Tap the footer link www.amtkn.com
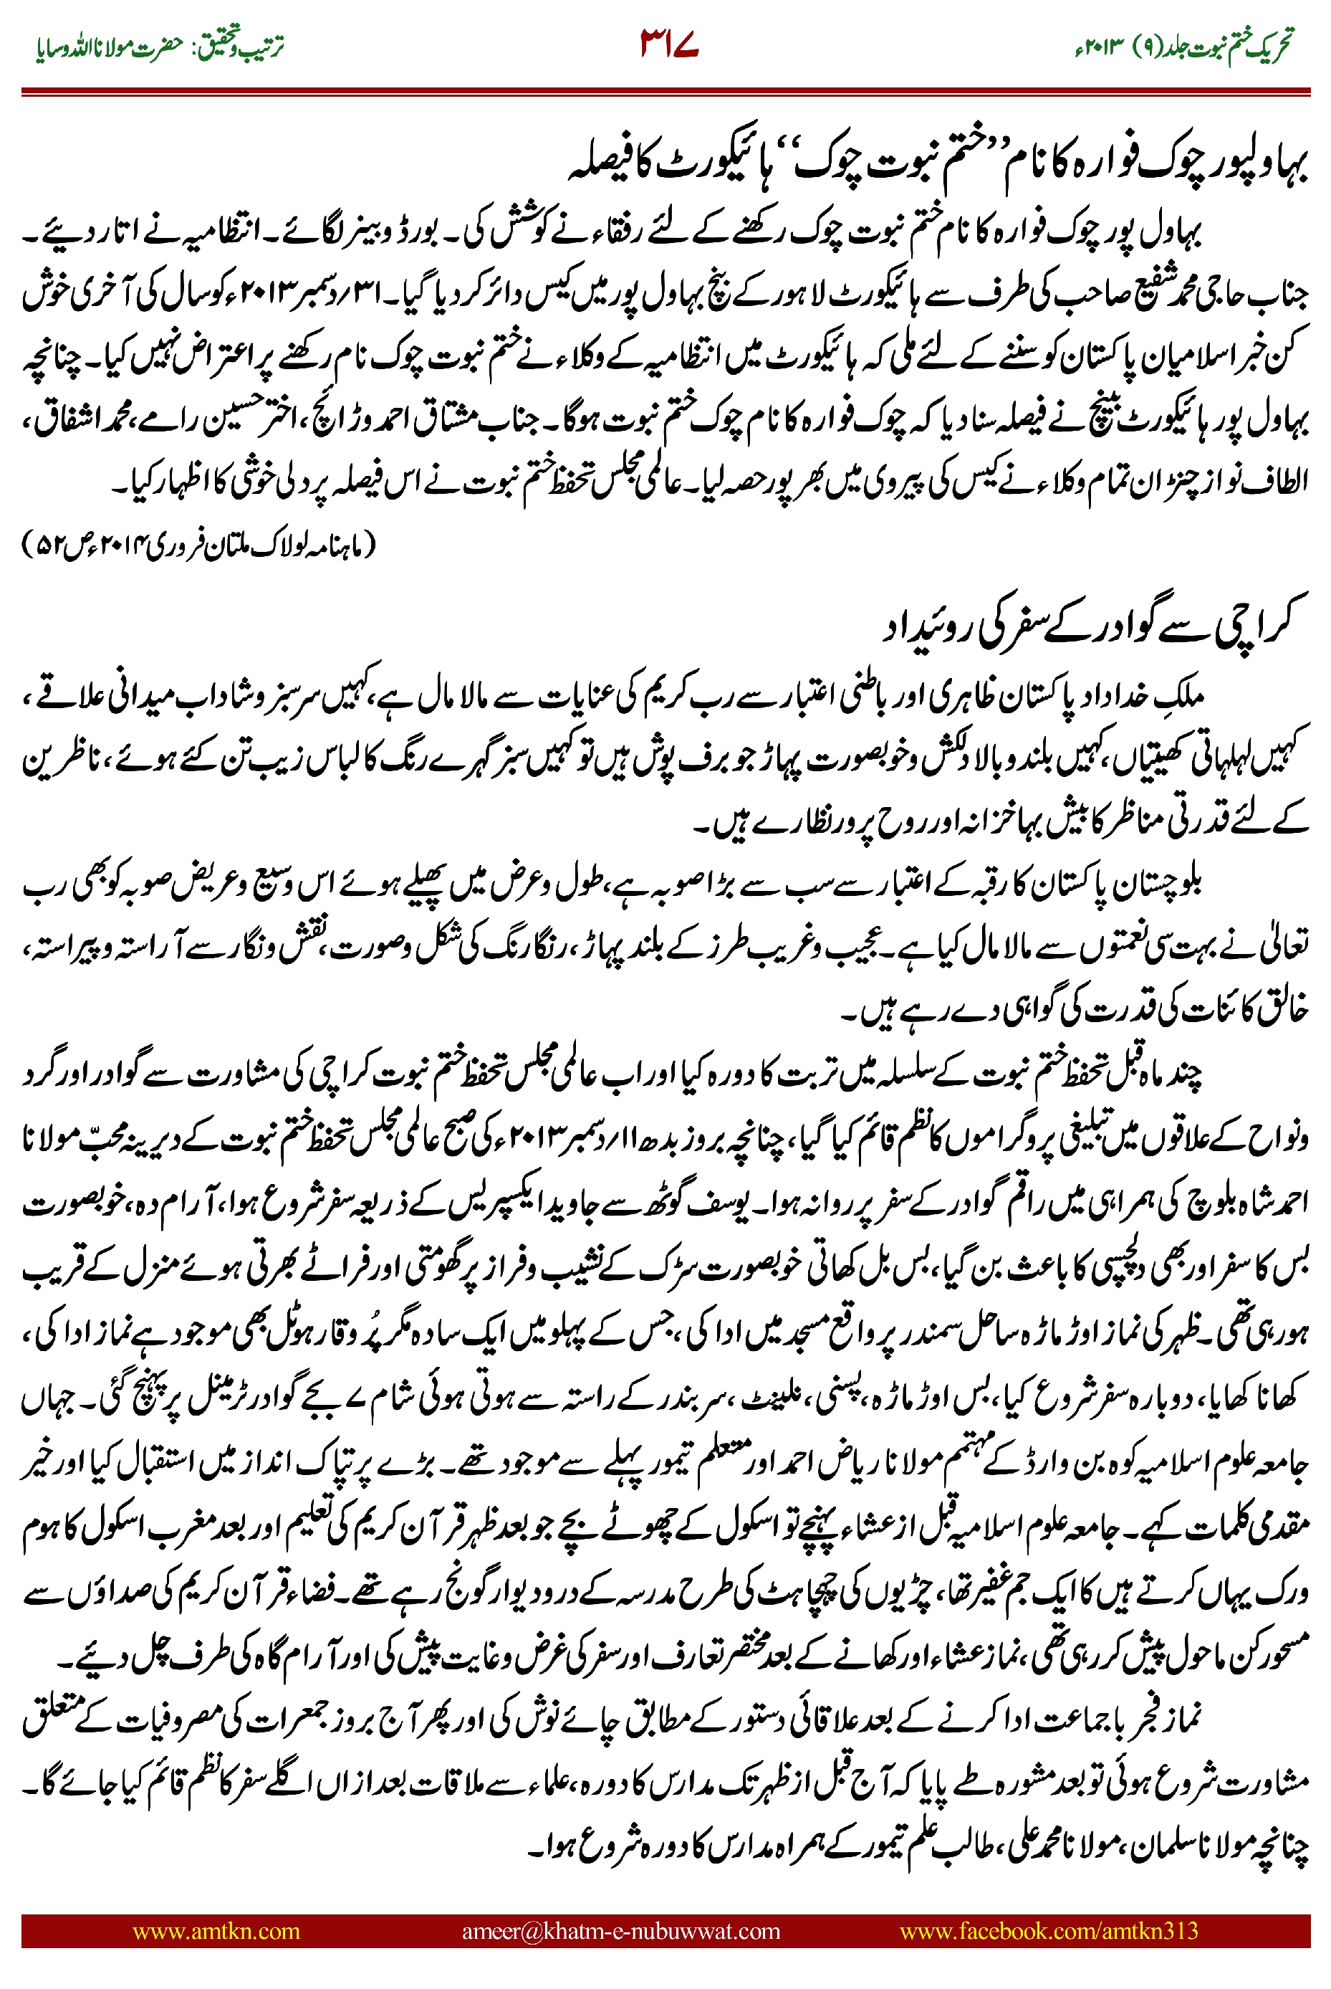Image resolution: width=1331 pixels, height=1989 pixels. (216, 1930)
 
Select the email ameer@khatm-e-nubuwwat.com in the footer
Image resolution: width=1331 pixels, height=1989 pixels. (620, 1930)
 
